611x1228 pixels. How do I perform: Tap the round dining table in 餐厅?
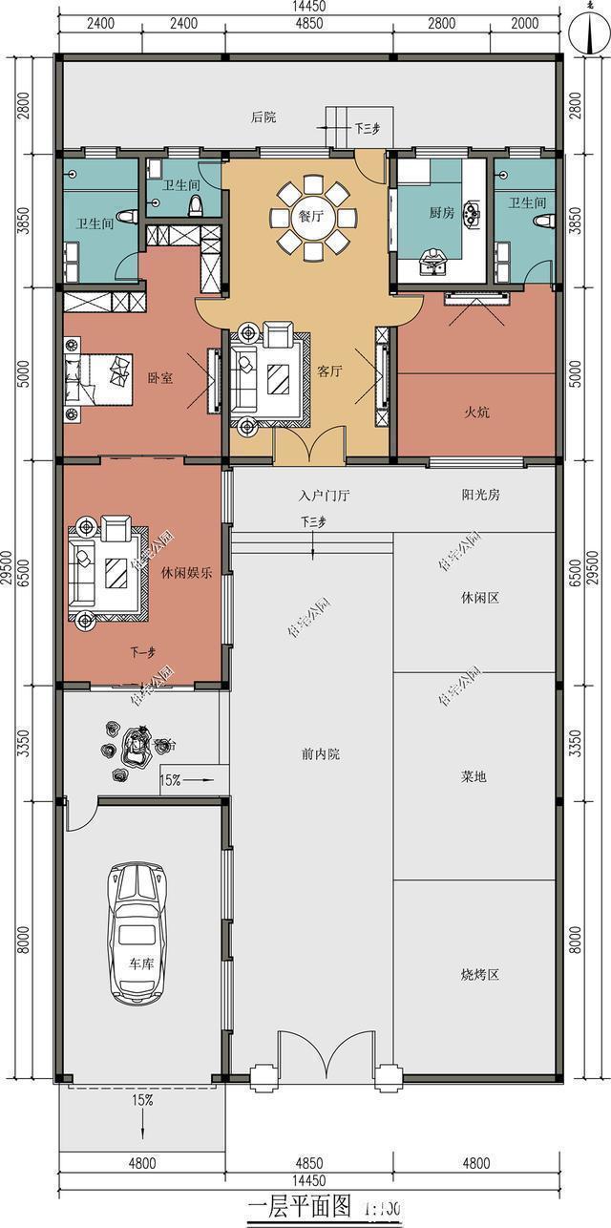click(311, 217)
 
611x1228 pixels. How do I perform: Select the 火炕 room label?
click(476, 413)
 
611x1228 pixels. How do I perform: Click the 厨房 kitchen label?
click(441, 213)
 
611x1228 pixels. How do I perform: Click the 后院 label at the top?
click(263, 117)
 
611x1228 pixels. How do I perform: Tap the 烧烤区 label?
click(480, 975)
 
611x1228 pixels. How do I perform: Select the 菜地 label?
click(474, 776)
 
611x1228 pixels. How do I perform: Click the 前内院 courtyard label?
click(321, 754)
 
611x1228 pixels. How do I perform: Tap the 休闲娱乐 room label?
click(187, 573)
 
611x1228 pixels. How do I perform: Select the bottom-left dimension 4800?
click(142, 1163)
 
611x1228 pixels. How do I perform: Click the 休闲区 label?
click(480, 598)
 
